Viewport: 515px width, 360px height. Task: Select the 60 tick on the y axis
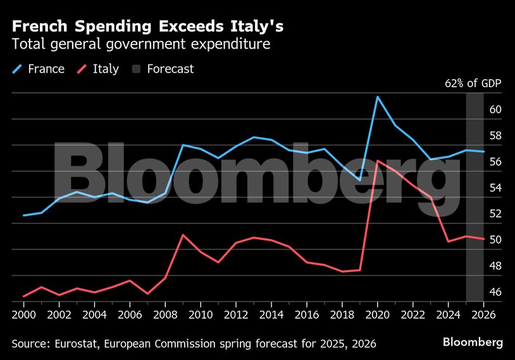click(x=495, y=109)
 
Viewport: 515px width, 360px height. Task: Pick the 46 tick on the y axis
click(x=495, y=292)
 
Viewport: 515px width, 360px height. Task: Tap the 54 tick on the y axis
click(x=495, y=188)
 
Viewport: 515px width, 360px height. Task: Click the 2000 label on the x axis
click(x=23, y=314)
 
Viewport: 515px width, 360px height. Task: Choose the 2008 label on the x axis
click(x=165, y=314)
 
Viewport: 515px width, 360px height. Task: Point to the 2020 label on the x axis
click(x=377, y=314)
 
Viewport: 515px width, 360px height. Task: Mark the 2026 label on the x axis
click(x=483, y=314)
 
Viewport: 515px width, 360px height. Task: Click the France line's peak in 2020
click(x=377, y=97)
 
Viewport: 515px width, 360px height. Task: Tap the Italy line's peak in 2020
click(x=377, y=161)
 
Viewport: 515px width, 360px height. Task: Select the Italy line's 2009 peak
click(x=183, y=235)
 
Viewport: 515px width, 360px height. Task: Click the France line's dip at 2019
click(x=359, y=180)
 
